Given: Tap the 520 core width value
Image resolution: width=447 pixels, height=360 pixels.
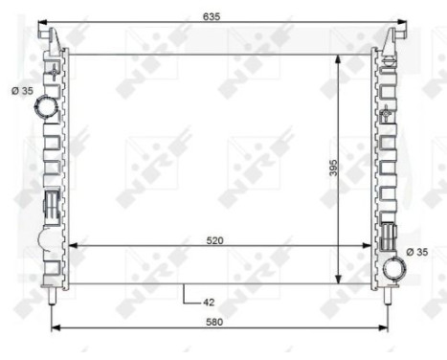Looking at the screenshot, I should [x=215, y=240].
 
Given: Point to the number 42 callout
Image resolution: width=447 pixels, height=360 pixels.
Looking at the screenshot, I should [x=209, y=303].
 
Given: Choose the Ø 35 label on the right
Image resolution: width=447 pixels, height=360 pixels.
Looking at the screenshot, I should [x=417, y=252].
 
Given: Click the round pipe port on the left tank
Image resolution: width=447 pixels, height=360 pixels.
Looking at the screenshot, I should [x=44, y=109].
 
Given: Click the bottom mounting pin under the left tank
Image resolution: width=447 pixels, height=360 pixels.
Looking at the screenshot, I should [x=51, y=299].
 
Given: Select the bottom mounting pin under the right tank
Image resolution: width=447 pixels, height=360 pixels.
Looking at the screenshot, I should [x=388, y=299].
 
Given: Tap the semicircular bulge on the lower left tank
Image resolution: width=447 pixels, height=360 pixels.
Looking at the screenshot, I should [x=44, y=241].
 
